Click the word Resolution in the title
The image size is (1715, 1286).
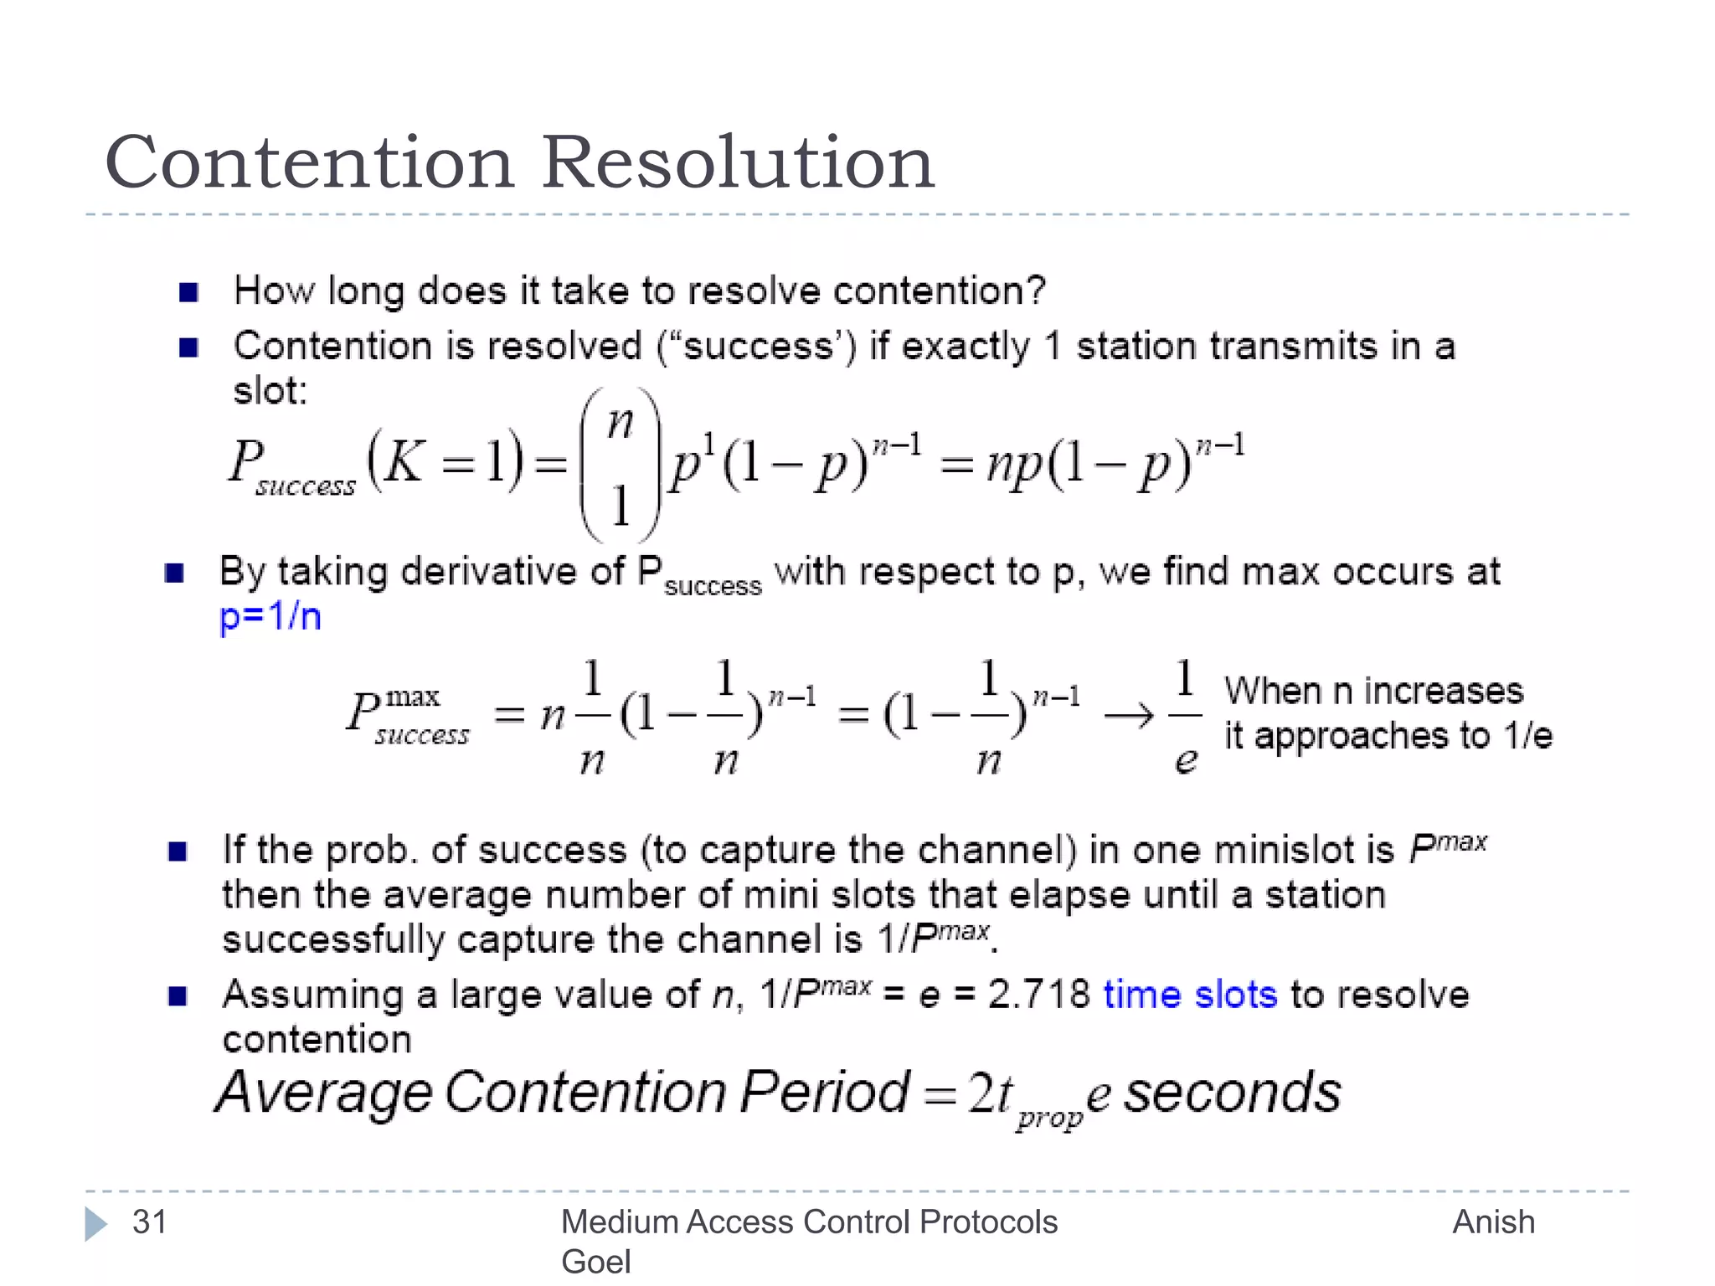coord(738,162)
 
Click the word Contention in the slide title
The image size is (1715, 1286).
coord(309,162)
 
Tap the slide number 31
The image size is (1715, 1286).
coord(150,1222)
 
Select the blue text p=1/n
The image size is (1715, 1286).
coord(270,617)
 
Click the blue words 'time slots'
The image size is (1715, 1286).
coord(1190,995)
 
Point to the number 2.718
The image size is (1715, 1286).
coord(1038,995)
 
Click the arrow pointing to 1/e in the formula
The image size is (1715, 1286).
coord(1129,716)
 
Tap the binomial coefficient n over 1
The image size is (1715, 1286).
coord(621,465)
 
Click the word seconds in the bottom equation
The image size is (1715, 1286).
coord(1232,1093)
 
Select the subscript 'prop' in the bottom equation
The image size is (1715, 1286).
coord(1049,1118)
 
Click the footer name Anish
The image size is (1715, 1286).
coord(1493,1222)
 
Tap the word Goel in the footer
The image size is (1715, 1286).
coord(595,1262)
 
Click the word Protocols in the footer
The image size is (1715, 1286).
coord(988,1222)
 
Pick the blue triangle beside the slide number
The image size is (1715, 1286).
coord(95,1224)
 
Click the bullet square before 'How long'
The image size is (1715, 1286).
coord(188,292)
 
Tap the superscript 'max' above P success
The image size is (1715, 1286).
coord(412,697)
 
